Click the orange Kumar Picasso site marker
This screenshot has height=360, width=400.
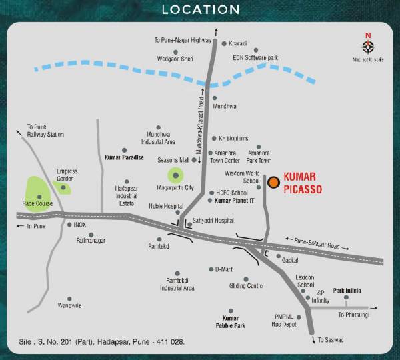pyautogui.click(x=273, y=181)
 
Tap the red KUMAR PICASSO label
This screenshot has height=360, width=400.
pyautogui.click(x=303, y=183)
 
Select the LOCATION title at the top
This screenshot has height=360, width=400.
pyautogui.click(x=200, y=9)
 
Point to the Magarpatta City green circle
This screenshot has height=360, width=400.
pyautogui.click(x=175, y=176)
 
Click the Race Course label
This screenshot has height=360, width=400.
pyautogui.click(x=37, y=203)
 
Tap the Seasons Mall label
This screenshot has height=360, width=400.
pyautogui.click(x=173, y=161)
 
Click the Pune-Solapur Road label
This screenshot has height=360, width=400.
pyautogui.click(x=312, y=242)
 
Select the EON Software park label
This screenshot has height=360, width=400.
pyautogui.click(x=255, y=57)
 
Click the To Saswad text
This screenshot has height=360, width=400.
pyautogui.click(x=330, y=340)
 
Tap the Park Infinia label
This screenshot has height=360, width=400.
pyautogui.click(x=347, y=291)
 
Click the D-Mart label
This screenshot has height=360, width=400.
pyautogui.click(x=223, y=269)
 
